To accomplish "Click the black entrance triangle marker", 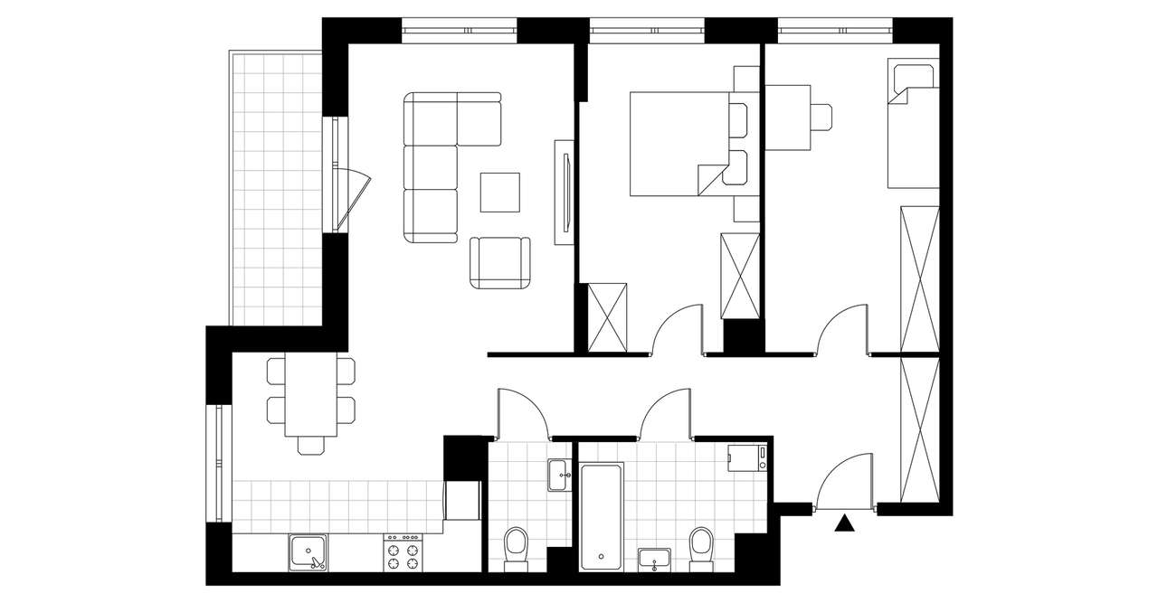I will pyautogui.click(x=845, y=523).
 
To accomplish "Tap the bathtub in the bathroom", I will pyautogui.click(x=602, y=516).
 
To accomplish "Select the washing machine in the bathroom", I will pyautogui.click(x=748, y=457).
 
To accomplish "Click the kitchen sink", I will pyautogui.click(x=308, y=552).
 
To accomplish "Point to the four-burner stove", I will pyautogui.click(x=403, y=551).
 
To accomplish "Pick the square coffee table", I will pyautogui.click(x=500, y=192).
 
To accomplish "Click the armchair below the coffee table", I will pyautogui.click(x=500, y=262).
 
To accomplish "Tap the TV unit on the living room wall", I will pyautogui.click(x=563, y=192).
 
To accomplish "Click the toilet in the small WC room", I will pyautogui.click(x=516, y=547).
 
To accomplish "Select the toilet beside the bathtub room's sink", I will pyautogui.click(x=700, y=547).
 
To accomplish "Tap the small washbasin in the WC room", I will pyautogui.click(x=557, y=473).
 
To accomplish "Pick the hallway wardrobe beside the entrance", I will pyautogui.click(x=920, y=429).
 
